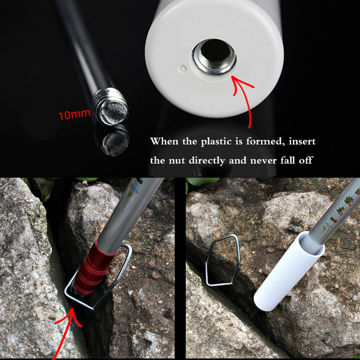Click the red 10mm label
point(75,115)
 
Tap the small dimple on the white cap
point(183,68)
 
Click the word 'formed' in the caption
point(261,141)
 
